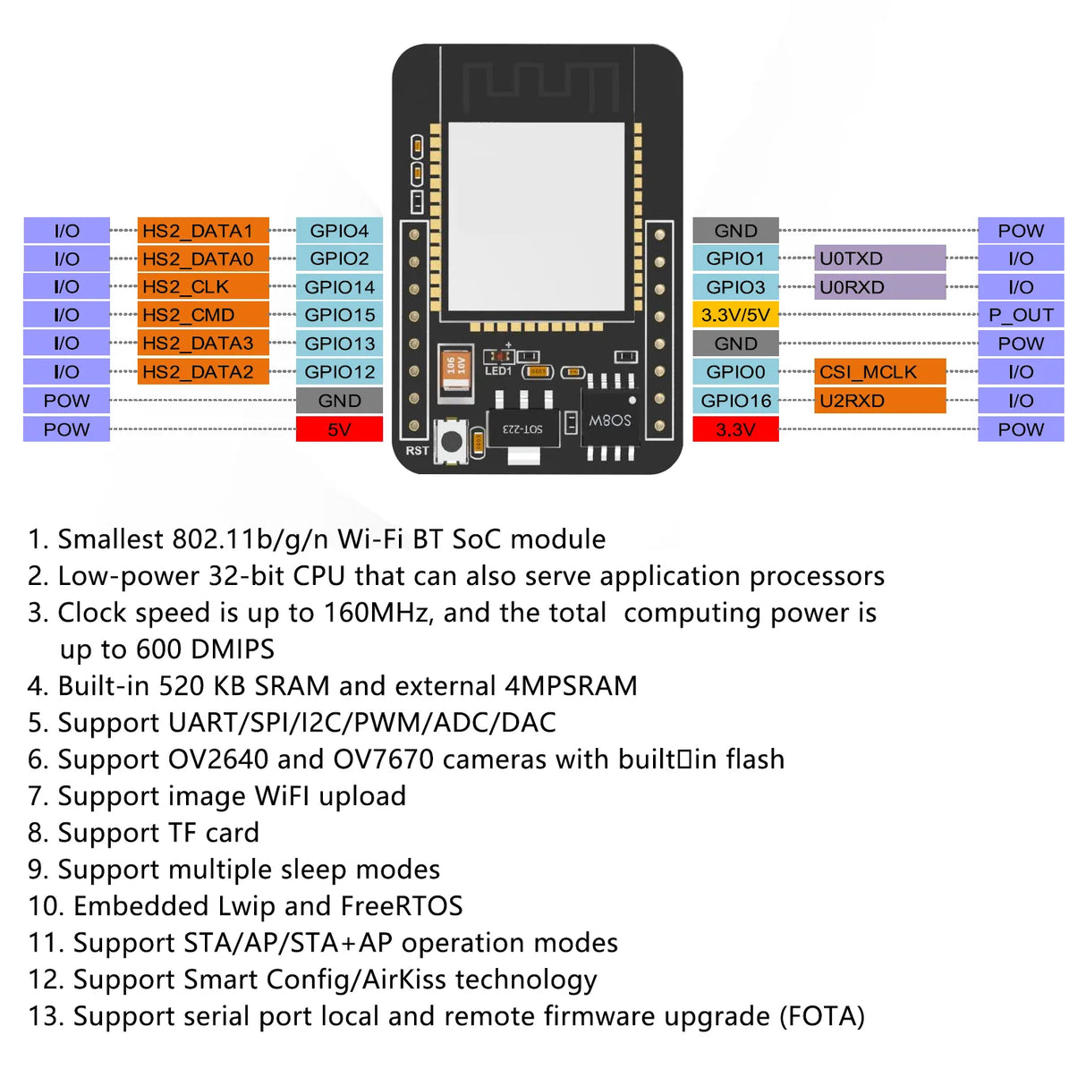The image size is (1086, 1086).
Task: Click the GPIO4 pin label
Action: click(339, 231)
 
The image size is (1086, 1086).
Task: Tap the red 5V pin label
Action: click(339, 429)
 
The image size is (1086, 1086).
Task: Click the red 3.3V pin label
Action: click(735, 429)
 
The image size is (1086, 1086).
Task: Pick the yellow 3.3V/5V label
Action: click(735, 315)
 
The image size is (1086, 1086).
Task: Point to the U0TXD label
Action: click(879, 259)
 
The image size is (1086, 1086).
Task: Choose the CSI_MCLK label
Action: click(879, 372)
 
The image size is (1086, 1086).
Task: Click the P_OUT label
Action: click(1021, 315)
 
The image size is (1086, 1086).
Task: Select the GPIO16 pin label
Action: click(735, 401)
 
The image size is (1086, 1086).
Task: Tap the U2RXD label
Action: click(879, 401)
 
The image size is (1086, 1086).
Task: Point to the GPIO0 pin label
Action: click(735, 372)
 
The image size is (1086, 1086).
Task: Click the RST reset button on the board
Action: click(452, 441)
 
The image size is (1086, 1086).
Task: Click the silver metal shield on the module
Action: click(536, 215)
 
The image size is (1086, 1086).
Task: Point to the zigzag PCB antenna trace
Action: click(540, 83)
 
